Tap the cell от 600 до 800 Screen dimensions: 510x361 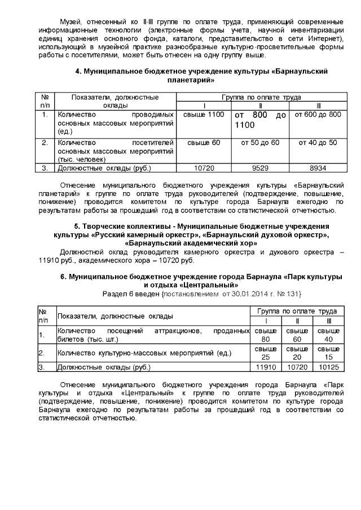click(318, 115)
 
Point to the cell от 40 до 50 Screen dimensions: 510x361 click(318, 143)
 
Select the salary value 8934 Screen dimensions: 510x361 click(318, 167)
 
